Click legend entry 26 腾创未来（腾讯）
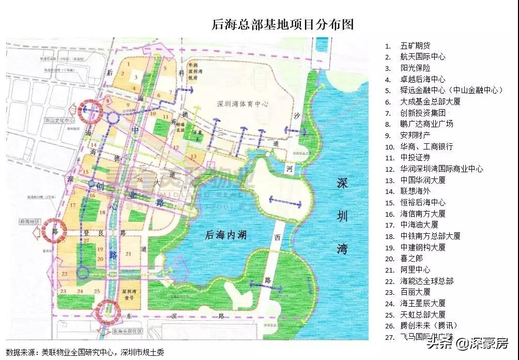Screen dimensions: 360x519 point(429,325)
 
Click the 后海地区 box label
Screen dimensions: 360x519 point(30,221)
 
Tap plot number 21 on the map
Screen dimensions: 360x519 point(128,253)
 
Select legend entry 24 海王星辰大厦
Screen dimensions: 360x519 point(422,303)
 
